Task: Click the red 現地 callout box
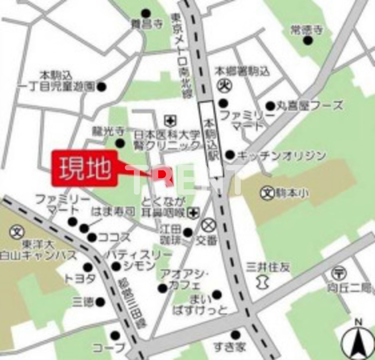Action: tap(85, 168)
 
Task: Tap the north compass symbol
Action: tap(358, 342)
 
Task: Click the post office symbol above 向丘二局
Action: tap(339, 273)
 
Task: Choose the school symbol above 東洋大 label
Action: tap(17, 231)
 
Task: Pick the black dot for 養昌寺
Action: tap(146, 14)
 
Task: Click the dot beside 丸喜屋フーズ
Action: tap(270, 106)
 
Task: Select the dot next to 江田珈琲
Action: tap(188, 232)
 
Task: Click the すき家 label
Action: tap(230, 346)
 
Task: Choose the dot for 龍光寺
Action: tap(120, 143)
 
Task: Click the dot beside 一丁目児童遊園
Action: tap(101, 87)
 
